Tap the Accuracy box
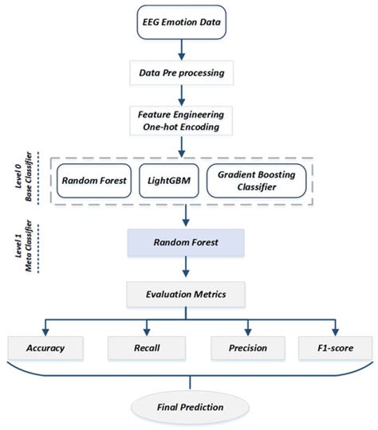click(x=45, y=348)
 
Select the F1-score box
click(x=333, y=348)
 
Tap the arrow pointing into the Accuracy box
click(x=45, y=328)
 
